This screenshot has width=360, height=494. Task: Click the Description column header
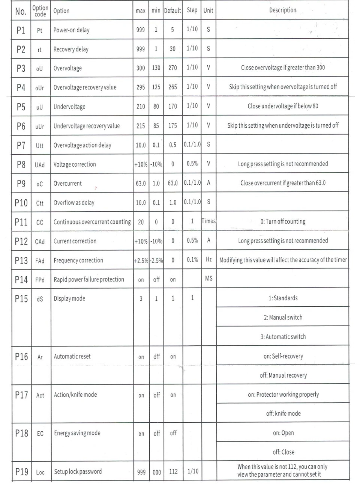pyautogui.click(x=282, y=10)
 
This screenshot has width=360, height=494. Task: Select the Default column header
pyautogui.click(x=172, y=11)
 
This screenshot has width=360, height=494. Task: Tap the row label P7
pyautogui.click(x=21, y=145)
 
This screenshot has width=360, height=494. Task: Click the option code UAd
pyautogui.click(x=40, y=165)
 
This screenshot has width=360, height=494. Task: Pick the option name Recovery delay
pyautogui.click(x=71, y=49)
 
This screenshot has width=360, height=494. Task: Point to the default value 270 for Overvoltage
pyautogui.click(x=172, y=68)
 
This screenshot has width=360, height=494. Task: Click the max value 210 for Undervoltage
pyautogui.click(x=141, y=107)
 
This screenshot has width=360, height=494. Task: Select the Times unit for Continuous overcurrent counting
pyautogui.click(x=208, y=221)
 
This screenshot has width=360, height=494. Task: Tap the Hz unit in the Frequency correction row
pyautogui.click(x=208, y=259)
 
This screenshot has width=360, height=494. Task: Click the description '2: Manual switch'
pyautogui.click(x=283, y=317)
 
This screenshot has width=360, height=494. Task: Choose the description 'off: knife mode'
pyautogui.click(x=283, y=413)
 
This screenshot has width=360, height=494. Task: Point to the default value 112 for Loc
pyautogui.click(x=173, y=471)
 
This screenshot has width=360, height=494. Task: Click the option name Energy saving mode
pyautogui.click(x=77, y=433)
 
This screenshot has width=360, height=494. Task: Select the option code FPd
pyautogui.click(x=40, y=280)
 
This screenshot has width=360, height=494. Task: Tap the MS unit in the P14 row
pyautogui.click(x=209, y=278)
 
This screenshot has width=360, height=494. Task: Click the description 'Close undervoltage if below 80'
pyautogui.click(x=283, y=106)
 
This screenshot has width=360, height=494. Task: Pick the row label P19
pyautogui.click(x=21, y=471)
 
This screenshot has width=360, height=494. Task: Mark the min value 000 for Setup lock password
pyautogui.click(x=157, y=472)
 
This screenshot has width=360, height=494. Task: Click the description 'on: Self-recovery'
pyautogui.click(x=283, y=356)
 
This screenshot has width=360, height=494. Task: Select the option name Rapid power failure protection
pyautogui.click(x=89, y=279)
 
